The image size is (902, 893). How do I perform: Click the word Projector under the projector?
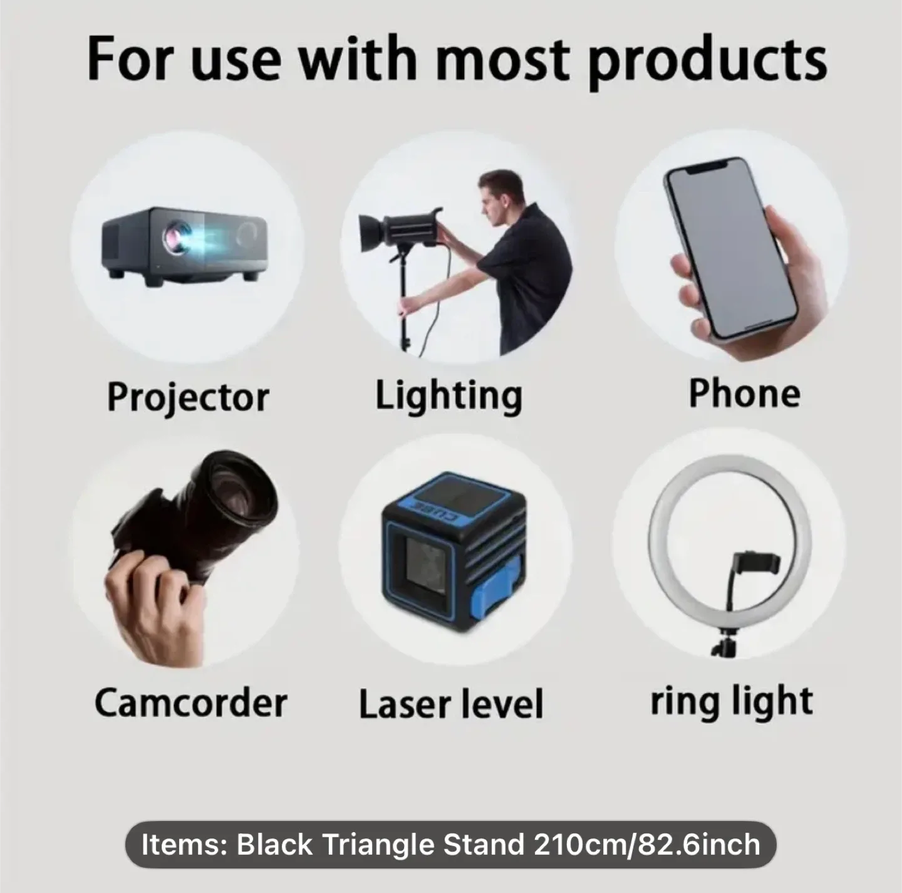(x=188, y=397)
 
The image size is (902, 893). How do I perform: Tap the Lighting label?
(x=448, y=396)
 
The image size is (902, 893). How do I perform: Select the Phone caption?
(x=744, y=394)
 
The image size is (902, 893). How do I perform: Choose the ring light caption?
(x=732, y=701)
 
